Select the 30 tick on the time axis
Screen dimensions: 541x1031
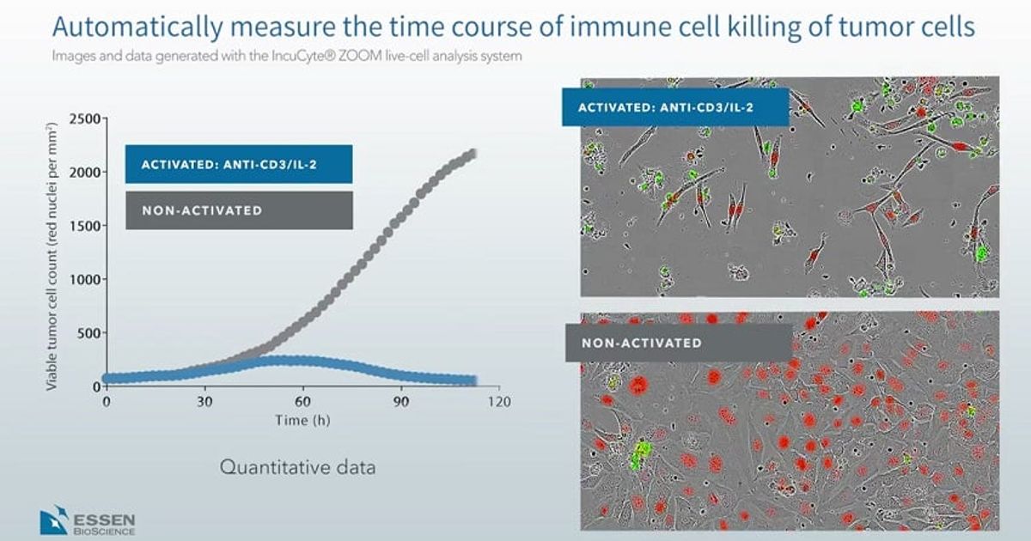(x=204, y=402)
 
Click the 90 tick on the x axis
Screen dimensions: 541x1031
(x=400, y=402)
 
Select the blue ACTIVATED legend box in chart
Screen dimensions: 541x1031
(x=238, y=164)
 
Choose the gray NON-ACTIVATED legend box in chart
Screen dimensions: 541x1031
(x=238, y=210)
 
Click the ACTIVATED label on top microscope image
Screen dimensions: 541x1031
(x=674, y=107)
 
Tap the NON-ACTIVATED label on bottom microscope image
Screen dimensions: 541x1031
(x=678, y=343)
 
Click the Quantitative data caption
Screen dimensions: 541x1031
(x=298, y=468)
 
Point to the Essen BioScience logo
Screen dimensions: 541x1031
(x=86, y=520)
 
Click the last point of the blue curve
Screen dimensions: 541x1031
(x=472, y=380)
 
